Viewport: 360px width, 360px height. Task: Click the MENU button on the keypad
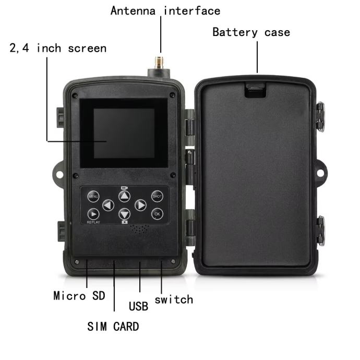click(93, 196)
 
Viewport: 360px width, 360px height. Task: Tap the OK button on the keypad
click(157, 214)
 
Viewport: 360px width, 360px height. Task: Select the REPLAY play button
click(93, 214)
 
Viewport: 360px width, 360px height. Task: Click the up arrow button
click(125, 196)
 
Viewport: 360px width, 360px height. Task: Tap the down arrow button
click(125, 214)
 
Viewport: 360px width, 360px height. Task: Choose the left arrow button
click(108, 205)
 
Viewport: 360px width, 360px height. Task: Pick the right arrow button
click(140, 205)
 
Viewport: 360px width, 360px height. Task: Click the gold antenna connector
click(159, 63)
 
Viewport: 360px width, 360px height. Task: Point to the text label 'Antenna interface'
click(165, 11)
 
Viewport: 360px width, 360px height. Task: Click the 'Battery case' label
click(251, 32)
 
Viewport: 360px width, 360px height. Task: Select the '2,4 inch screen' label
click(58, 48)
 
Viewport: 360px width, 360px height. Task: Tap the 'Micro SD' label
click(79, 296)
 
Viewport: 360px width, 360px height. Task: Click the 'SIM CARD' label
click(113, 327)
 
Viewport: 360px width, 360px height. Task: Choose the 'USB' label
click(138, 306)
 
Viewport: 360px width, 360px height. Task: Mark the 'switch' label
click(174, 299)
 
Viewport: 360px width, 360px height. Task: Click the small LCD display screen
click(124, 134)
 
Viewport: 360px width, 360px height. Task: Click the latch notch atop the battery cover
click(255, 90)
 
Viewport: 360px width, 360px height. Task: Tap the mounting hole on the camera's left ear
click(59, 175)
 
